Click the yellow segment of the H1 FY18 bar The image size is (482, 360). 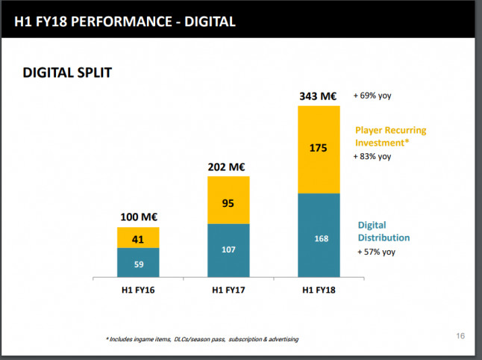tap(319, 149)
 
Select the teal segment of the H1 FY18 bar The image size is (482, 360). tap(319, 235)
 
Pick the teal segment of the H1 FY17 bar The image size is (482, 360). tap(228, 250)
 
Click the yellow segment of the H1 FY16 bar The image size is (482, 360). tap(138, 238)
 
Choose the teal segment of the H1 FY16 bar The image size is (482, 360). tap(138, 262)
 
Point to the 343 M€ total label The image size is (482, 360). tap(319, 96)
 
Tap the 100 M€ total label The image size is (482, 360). tap(138, 217)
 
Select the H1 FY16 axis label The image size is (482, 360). tap(138, 290)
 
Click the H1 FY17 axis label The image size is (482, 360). tap(228, 290)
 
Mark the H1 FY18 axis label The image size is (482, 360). tap(319, 290)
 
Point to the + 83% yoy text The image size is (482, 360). tap(374, 157)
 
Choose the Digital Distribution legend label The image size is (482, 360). tap(384, 231)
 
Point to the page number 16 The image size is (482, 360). tap(460, 337)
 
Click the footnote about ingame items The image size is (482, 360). tap(202, 339)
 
